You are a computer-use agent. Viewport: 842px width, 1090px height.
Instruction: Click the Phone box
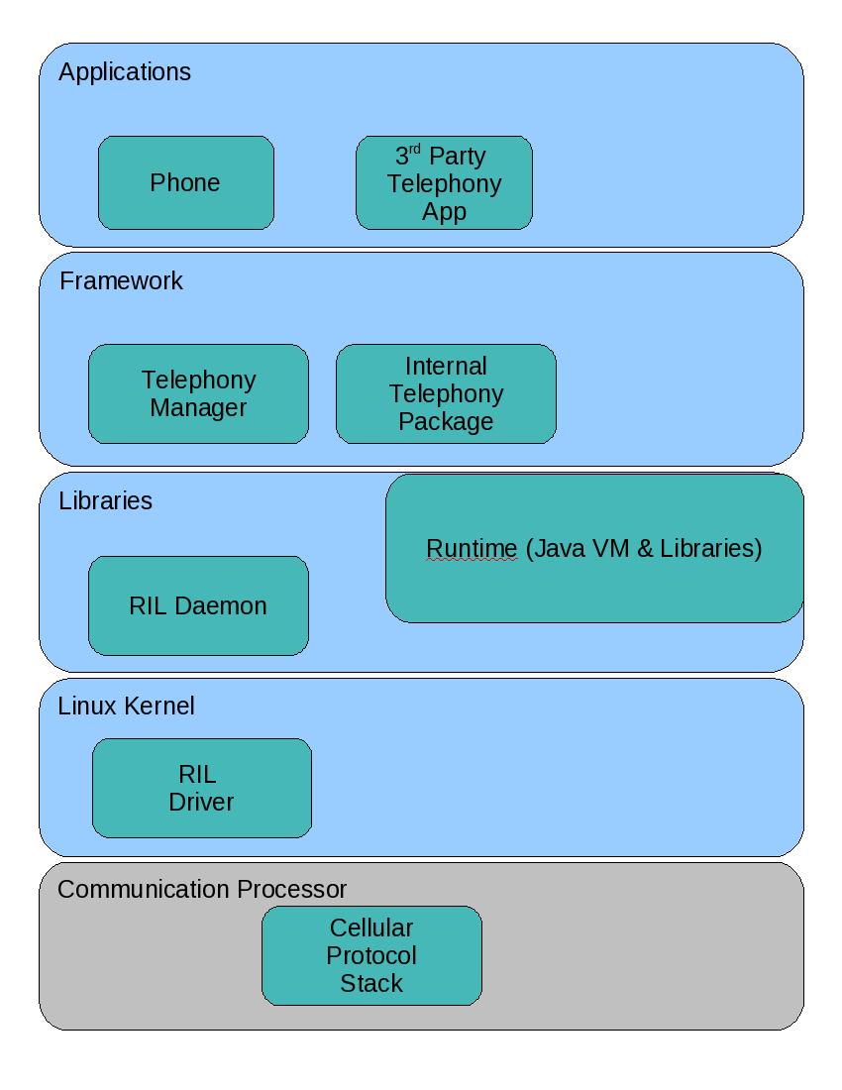point(185,183)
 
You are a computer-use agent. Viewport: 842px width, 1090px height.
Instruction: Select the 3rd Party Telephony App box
point(444,183)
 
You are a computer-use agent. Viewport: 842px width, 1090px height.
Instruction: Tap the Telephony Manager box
point(198,393)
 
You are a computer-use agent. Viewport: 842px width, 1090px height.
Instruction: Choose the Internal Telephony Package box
point(446,393)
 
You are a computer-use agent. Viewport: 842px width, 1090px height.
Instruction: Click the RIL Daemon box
point(198,605)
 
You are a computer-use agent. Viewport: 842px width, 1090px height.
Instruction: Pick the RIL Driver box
point(201,788)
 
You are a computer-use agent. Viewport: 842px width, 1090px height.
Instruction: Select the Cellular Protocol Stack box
point(371,955)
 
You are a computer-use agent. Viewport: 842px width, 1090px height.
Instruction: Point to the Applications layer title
point(125,72)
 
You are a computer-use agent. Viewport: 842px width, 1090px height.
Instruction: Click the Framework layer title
point(121,281)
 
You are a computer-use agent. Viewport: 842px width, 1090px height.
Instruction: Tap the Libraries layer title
point(105,501)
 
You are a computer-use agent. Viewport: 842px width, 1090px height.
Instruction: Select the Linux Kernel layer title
point(126,707)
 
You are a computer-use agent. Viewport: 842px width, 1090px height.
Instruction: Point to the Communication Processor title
point(202,890)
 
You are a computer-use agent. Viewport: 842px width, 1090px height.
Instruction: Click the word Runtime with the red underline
point(472,549)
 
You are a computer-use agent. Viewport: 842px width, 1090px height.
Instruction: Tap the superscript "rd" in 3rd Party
point(415,150)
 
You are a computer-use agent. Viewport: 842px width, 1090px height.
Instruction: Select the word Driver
point(201,802)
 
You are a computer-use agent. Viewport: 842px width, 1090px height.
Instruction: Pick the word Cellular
point(371,928)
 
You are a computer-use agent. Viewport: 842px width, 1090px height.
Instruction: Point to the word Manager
point(198,407)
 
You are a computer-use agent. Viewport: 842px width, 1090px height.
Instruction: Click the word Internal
point(446,367)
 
